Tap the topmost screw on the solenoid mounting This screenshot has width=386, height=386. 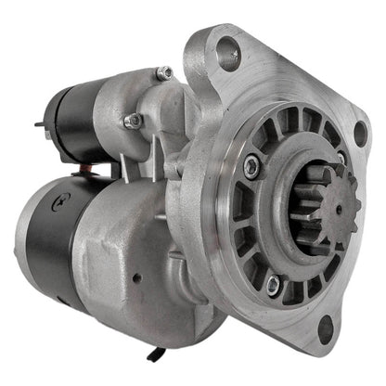click(x=164, y=72)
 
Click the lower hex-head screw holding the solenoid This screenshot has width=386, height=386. click(x=133, y=120)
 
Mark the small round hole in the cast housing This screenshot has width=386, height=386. click(x=135, y=277)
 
